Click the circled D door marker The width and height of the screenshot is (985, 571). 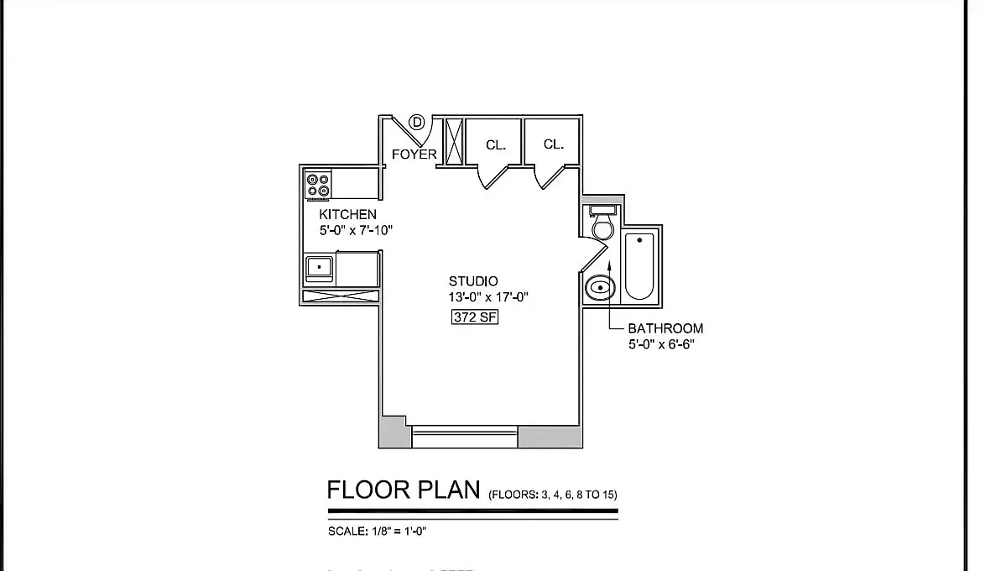click(x=417, y=123)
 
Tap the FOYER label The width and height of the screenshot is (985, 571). click(x=414, y=155)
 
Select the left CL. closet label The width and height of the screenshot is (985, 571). click(x=496, y=145)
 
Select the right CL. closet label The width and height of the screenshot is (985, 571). click(x=554, y=144)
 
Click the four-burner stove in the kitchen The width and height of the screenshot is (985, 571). click(x=317, y=185)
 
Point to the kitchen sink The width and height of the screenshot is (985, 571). click(x=319, y=268)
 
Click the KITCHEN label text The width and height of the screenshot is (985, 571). click(x=347, y=215)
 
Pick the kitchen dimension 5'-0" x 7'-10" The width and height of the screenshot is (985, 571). click(x=356, y=230)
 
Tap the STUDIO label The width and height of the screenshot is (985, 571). click(x=473, y=281)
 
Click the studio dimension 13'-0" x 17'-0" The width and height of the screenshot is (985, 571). click(x=487, y=297)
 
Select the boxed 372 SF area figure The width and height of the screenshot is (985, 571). click(x=476, y=317)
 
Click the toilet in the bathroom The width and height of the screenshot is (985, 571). click(x=602, y=223)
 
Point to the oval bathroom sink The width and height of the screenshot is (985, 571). click(x=599, y=288)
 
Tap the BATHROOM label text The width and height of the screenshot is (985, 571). click(x=665, y=328)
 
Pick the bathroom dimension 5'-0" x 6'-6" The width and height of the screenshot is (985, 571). click(x=661, y=344)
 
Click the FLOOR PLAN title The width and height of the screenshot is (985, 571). click(x=404, y=490)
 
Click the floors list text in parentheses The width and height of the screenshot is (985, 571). click(x=552, y=495)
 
